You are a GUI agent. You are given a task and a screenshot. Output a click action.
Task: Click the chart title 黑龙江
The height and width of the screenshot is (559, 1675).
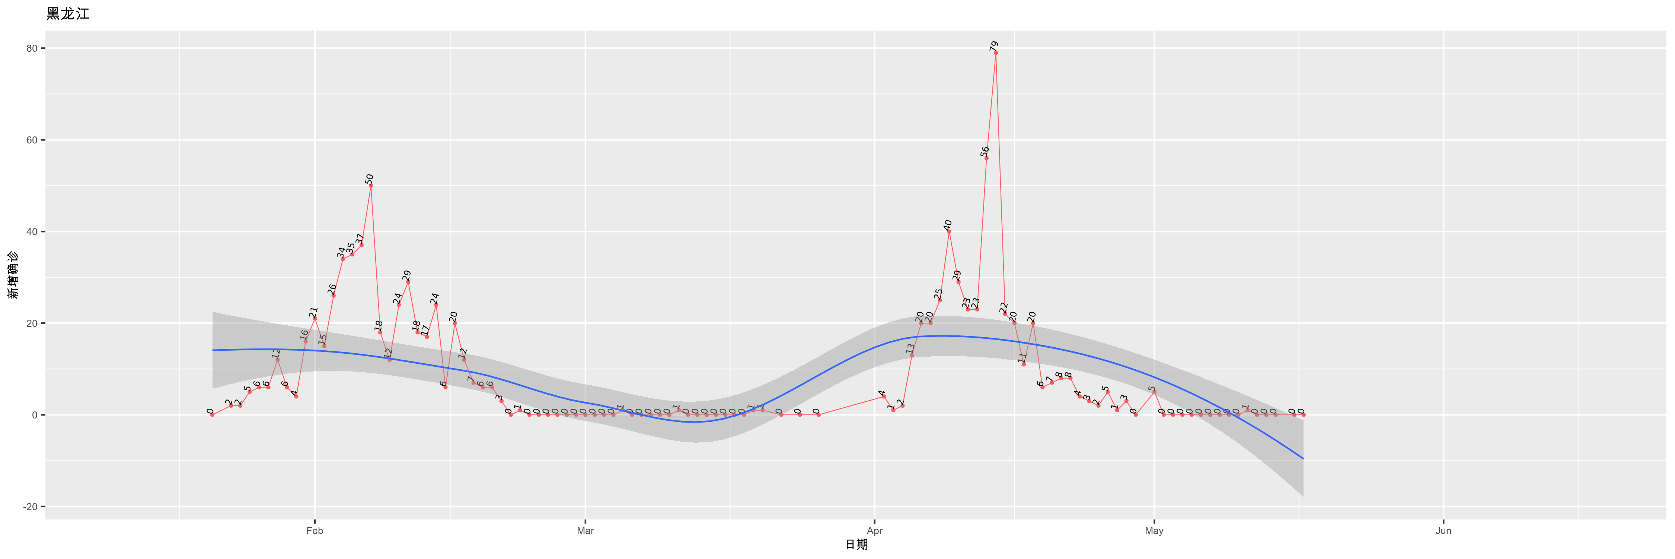[x=68, y=14]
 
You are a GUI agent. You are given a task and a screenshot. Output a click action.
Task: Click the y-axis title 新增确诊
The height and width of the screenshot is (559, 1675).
[x=13, y=275]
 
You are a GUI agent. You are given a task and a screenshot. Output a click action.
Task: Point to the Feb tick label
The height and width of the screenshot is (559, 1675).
[x=315, y=531]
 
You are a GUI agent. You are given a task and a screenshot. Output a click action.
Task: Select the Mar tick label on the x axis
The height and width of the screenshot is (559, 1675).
[x=585, y=531]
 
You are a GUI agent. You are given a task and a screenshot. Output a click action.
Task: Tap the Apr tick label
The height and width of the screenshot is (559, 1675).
[x=875, y=531]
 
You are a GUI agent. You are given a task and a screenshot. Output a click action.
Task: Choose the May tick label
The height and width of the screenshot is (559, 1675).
[x=1154, y=531]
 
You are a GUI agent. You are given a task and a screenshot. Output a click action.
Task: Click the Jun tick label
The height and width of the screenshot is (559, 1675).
[x=1443, y=531]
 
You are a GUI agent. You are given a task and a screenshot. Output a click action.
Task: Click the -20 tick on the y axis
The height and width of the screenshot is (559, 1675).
[x=30, y=507]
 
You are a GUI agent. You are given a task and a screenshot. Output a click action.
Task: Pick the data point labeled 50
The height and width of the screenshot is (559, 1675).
[x=371, y=186]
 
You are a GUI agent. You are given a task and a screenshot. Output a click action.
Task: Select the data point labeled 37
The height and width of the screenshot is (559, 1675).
[x=361, y=245]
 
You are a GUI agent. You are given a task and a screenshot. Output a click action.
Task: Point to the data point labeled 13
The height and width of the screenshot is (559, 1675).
[x=912, y=355]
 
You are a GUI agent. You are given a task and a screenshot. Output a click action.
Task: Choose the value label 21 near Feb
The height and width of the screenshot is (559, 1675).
[x=313, y=312]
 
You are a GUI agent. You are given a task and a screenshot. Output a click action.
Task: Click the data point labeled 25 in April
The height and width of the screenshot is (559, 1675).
[x=939, y=300]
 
